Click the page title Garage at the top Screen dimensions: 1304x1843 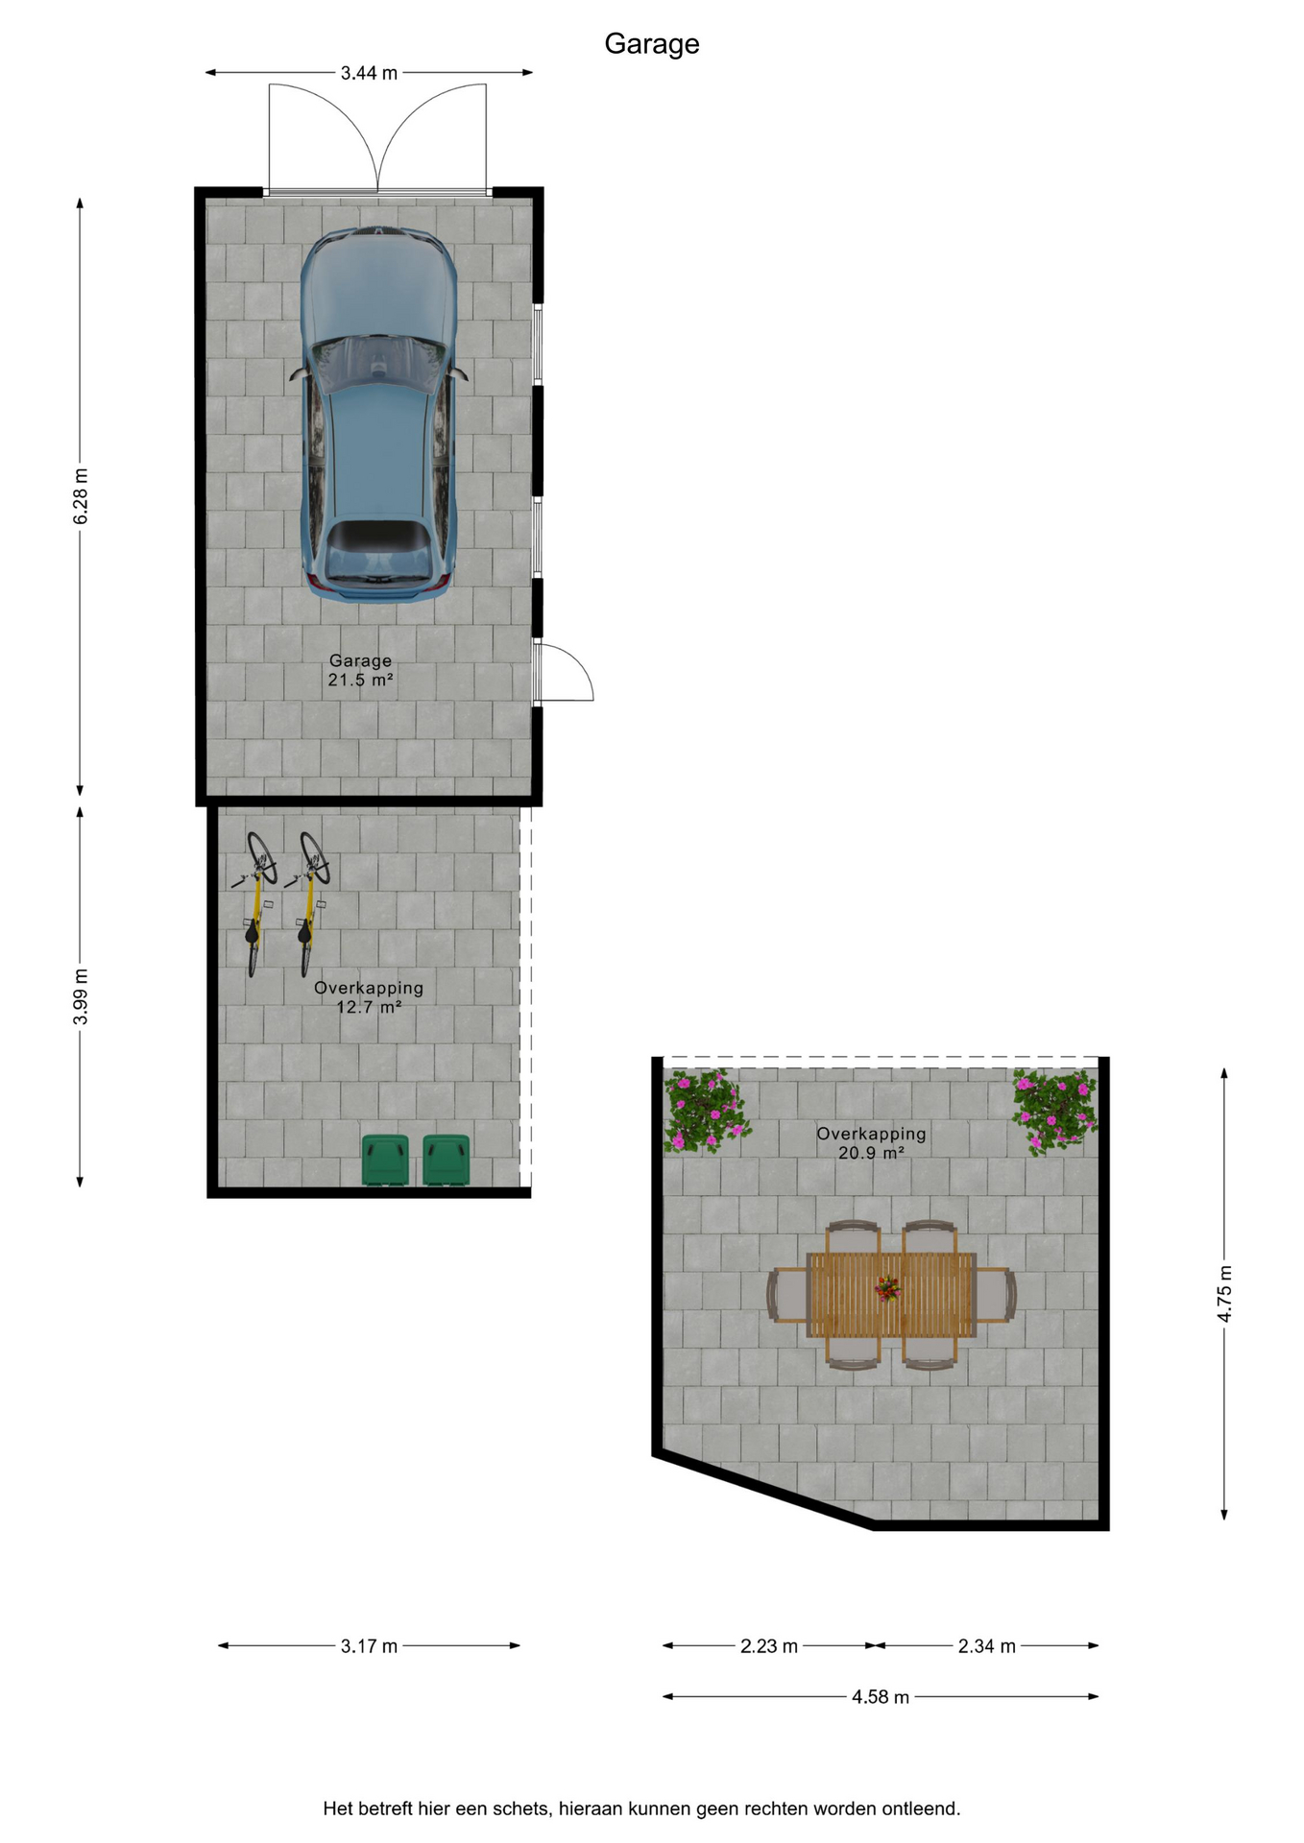pyautogui.click(x=652, y=44)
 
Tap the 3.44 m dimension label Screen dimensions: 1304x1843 pyautogui.click(x=369, y=73)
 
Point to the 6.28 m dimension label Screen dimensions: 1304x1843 pyautogui.click(x=81, y=496)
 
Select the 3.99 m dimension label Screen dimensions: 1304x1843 pyautogui.click(x=81, y=996)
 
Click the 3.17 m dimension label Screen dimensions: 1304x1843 pyautogui.click(x=369, y=1646)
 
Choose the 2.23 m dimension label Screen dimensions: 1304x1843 pyautogui.click(x=769, y=1646)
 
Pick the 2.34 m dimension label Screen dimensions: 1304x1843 pyautogui.click(x=986, y=1646)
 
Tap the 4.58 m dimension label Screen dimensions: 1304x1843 pyautogui.click(x=881, y=1697)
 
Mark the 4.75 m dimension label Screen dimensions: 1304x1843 pyautogui.click(x=1224, y=1293)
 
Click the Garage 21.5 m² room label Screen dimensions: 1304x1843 pyautogui.click(x=360, y=670)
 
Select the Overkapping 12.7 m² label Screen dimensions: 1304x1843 pyautogui.click(x=369, y=997)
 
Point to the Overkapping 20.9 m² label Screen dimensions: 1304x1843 pyautogui.click(x=871, y=1143)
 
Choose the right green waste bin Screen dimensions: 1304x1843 pyautogui.click(x=447, y=1160)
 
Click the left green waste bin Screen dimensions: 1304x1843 pyautogui.click(x=385, y=1160)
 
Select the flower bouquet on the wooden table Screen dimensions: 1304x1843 pyautogui.click(x=888, y=1288)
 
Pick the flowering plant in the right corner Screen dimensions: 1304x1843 pyautogui.click(x=1055, y=1111)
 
